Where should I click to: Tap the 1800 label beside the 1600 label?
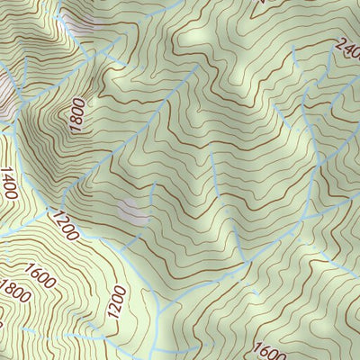(x=15, y=293)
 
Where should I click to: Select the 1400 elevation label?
(x=10, y=184)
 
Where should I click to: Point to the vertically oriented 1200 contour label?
(x=116, y=305)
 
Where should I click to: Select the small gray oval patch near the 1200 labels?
(x=132, y=213)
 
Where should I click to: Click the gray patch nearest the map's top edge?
(x=81, y=22)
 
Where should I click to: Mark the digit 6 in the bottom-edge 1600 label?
(x=263, y=349)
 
